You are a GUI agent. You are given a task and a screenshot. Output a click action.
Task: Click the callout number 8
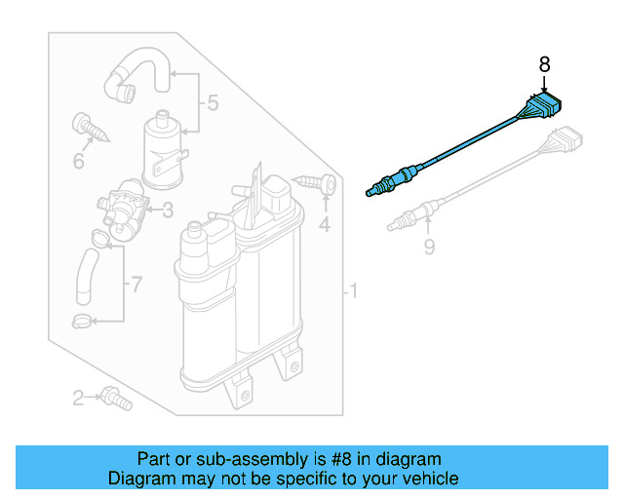tap(544, 65)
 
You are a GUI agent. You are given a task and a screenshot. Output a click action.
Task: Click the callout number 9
tap(428, 248)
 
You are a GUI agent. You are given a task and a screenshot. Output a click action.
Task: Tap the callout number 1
tap(354, 290)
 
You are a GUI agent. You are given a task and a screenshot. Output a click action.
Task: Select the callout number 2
tap(77, 397)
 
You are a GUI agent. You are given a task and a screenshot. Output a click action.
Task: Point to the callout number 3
tap(167, 209)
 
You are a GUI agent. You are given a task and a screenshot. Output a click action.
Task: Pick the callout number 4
tap(325, 225)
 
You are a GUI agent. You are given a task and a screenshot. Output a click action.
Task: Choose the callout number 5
tap(212, 102)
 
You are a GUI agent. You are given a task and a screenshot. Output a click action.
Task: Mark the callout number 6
tap(77, 160)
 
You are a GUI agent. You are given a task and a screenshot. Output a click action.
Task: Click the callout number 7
tap(136, 285)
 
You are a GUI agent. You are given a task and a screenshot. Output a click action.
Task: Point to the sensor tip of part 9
tap(398, 226)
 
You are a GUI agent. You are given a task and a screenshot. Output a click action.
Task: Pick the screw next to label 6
tap(85, 126)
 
